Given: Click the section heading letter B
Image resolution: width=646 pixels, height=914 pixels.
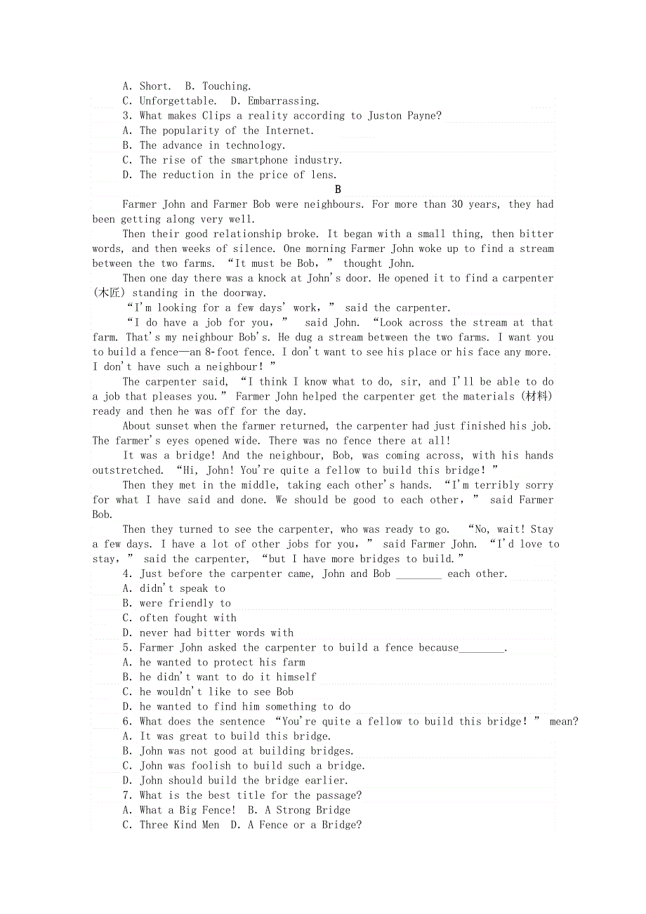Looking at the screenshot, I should pyautogui.click(x=338, y=190).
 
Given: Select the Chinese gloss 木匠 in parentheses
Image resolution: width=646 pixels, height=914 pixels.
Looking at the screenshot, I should pyautogui.click(x=108, y=293).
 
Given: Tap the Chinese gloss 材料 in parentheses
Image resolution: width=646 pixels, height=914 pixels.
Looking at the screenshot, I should pyautogui.click(x=536, y=397).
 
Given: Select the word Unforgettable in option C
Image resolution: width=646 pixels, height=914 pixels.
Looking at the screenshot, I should pyautogui.click(x=178, y=101).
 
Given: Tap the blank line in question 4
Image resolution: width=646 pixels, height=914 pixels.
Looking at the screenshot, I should pyautogui.click(x=418, y=574).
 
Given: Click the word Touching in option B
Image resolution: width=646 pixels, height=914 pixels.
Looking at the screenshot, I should pyautogui.click(x=226, y=86).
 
